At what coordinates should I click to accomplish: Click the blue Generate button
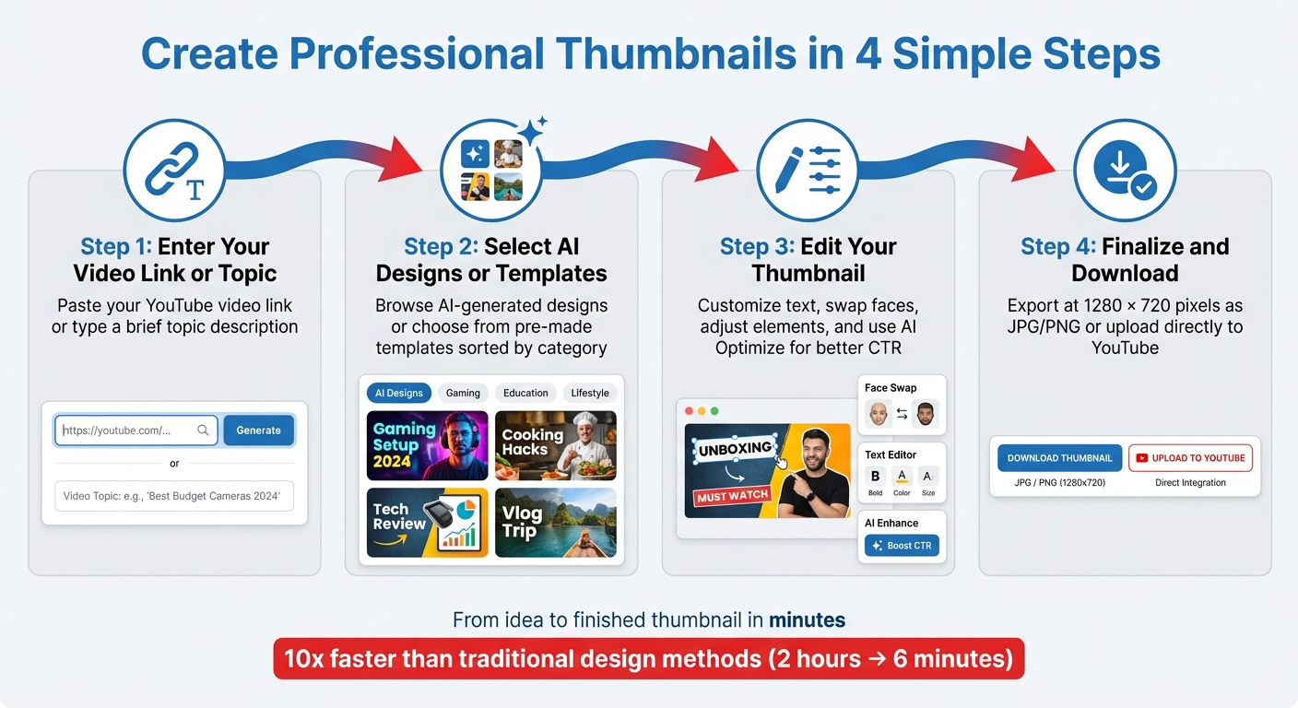pos(258,431)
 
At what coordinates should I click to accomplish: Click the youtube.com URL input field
pos(136,431)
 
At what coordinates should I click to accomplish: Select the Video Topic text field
pos(174,496)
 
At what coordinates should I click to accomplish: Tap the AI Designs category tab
pos(399,393)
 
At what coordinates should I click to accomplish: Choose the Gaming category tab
pos(463,393)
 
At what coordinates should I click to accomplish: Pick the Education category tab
pos(525,393)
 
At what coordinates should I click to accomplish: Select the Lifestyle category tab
pos(590,393)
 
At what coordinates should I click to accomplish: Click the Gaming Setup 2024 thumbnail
pos(427,446)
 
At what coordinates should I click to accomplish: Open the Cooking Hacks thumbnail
pos(555,446)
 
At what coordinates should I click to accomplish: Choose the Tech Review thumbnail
pos(427,523)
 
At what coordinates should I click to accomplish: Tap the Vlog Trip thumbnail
pos(555,523)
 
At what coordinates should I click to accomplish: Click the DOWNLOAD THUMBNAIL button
pos(1059,458)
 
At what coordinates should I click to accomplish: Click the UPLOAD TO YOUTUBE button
pos(1190,458)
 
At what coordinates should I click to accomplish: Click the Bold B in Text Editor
pos(875,477)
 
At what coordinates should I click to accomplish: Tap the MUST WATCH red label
pos(733,496)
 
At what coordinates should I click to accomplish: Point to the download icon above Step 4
pos(1125,170)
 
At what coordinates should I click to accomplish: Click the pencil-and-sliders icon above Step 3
pos(808,170)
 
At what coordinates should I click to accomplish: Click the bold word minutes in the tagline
pos(807,620)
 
